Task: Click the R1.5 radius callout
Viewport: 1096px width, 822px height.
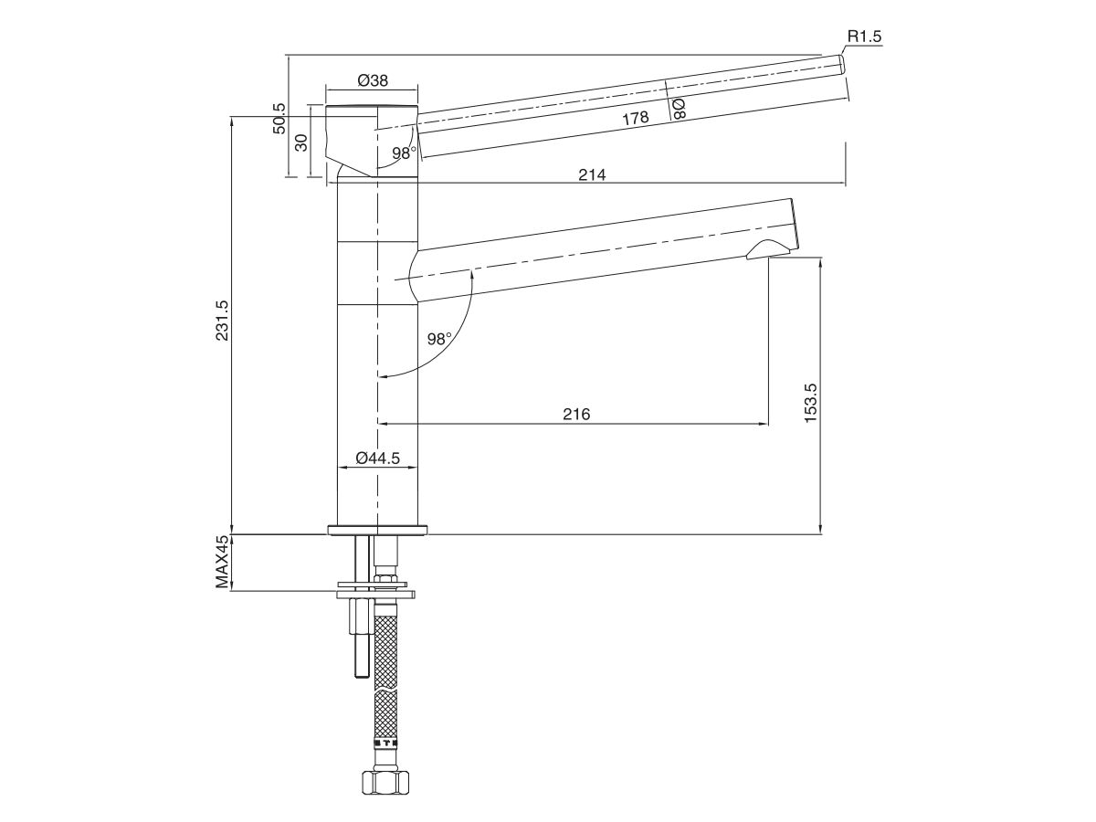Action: coord(864,37)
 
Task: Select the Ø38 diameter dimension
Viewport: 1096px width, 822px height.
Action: coord(372,80)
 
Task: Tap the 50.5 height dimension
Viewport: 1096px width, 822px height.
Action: coord(279,118)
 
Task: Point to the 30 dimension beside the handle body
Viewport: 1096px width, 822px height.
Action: coord(300,142)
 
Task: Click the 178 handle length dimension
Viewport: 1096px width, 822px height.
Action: coord(635,118)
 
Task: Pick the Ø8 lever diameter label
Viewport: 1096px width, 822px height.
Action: coord(678,110)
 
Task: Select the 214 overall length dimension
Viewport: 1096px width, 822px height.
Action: coord(592,174)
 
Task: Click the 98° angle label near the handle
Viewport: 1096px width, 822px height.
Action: coord(404,153)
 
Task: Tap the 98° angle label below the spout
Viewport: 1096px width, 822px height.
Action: coord(439,339)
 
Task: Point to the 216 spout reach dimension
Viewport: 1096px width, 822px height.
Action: coord(575,415)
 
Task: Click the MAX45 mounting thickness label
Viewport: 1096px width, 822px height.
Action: coord(222,562)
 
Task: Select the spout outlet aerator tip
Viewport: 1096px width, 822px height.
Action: coord(769,249)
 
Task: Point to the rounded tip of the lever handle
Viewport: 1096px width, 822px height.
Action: coord(842,64)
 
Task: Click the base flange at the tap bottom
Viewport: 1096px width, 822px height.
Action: coord(378,530)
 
